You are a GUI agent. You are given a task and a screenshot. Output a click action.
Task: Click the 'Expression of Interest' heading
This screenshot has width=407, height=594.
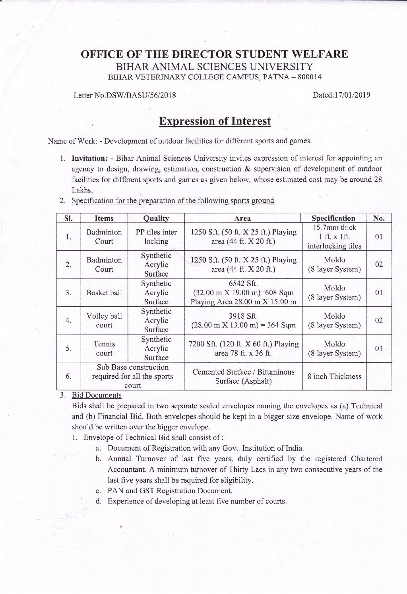tap(215, 121)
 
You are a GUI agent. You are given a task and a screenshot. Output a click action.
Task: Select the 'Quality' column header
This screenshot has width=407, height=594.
tap(156, 218)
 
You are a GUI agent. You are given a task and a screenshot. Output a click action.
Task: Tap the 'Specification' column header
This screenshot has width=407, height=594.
tap(333, 218)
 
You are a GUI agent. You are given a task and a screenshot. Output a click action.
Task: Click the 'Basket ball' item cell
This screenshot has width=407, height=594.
tap(104, 293)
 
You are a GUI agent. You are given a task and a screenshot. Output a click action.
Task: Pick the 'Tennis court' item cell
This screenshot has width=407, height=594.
tap(104, 348)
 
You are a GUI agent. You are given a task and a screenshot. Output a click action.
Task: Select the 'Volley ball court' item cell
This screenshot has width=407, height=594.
tap(104, 321)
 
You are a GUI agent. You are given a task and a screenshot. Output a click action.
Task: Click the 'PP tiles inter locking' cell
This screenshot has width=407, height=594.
tap(156, 237)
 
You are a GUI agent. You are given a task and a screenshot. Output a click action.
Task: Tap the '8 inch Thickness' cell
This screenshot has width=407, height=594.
tap(334, 377)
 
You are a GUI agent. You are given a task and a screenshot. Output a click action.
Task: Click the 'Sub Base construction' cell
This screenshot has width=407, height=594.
tap(132, 376)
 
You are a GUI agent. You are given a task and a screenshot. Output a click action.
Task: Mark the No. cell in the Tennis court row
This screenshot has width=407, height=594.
tap(379, 348)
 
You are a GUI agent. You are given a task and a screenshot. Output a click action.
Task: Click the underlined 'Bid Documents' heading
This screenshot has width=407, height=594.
tap(97, 395)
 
